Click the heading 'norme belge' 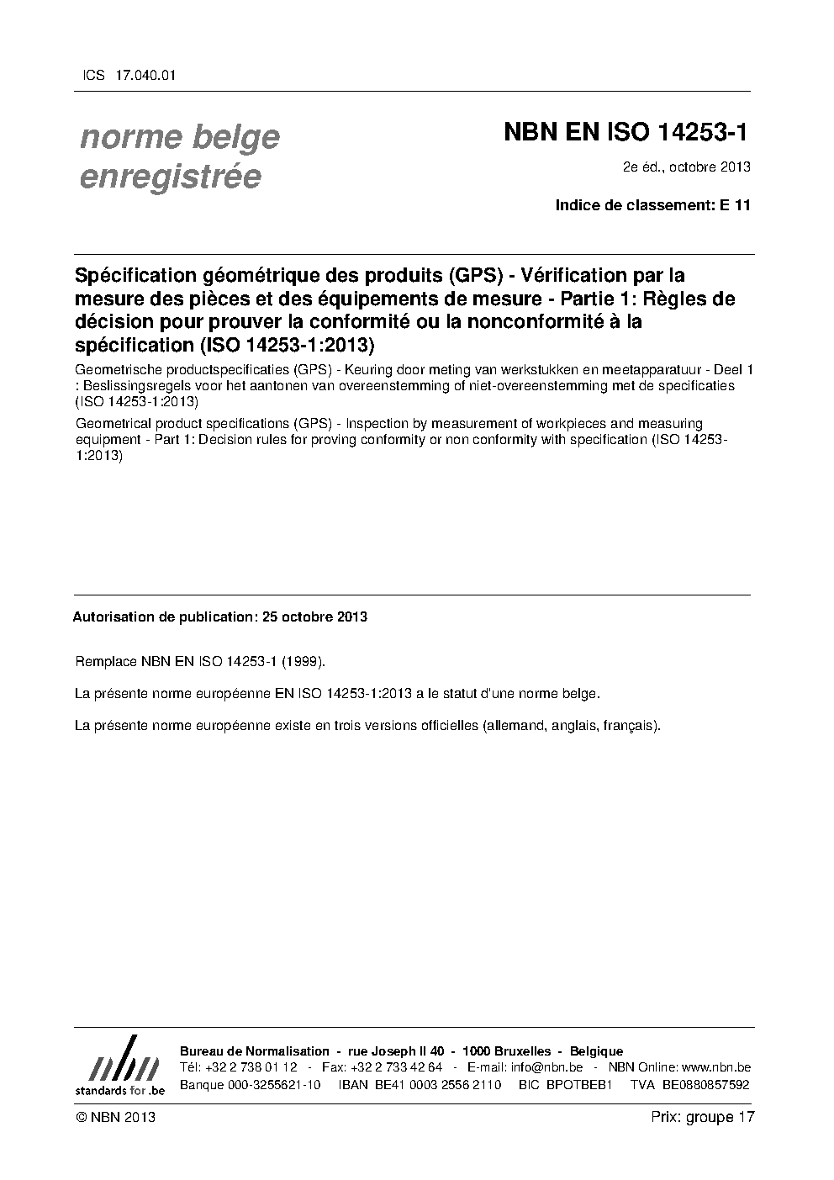click(179, 137)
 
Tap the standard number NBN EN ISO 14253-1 click(625, 133)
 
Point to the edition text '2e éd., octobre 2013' click(686, 167)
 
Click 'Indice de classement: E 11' click(652, 205)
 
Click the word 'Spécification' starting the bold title click(134, 276)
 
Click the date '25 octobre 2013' click(314, 616)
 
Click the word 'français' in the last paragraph click(631, 725)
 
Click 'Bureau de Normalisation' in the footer click(255, 1051)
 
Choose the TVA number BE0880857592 click(705, 1085)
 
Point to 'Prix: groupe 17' click(703, 1118)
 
